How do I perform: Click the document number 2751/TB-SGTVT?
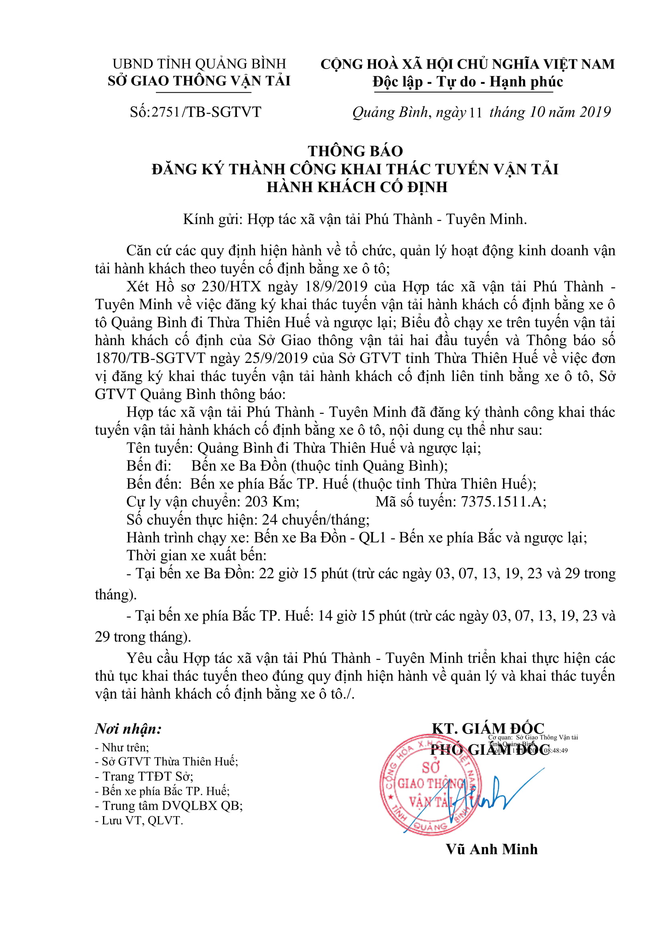tap(206, 112)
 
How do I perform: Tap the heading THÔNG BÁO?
tap(355, 151)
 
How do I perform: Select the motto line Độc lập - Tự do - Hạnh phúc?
tap(467, 82)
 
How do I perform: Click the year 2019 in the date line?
tap(595, 112)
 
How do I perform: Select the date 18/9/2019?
tap(336, 286)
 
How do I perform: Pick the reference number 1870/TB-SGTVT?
tap(150, 358)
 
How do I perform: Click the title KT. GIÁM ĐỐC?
tap(488, 728)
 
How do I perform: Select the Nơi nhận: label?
tap(128, 729)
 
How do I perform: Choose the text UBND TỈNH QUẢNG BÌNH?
tap(199, 64)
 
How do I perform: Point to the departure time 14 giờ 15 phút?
tap(362, 616)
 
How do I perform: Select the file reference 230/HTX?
tap(231, 286)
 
